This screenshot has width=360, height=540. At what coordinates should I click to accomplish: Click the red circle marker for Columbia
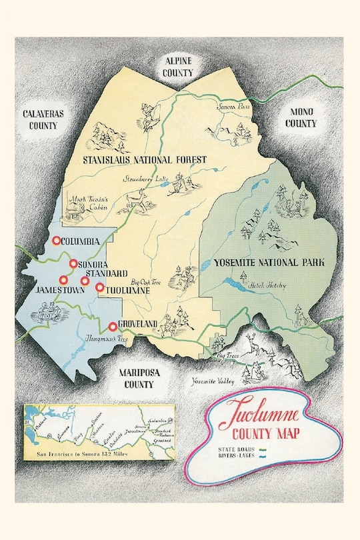point(57,241)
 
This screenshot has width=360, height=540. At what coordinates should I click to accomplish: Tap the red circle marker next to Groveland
point(112,326)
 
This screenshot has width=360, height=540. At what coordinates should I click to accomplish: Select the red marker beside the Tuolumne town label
point(100,288)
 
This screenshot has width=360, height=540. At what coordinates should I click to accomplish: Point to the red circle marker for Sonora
point(73,264)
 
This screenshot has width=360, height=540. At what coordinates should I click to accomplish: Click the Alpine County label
point(179,66)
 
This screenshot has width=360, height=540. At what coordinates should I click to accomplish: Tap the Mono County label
point(301,118)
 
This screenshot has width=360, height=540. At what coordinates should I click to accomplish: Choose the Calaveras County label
point(43,119)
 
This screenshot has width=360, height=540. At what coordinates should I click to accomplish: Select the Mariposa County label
point(139,378)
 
